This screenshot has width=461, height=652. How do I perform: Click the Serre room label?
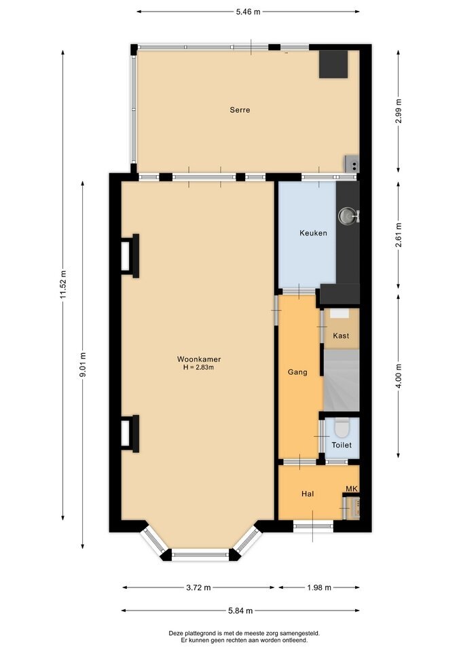(240, 110)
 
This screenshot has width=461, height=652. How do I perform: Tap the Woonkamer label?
(199, 359)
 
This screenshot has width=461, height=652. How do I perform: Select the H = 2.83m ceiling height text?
(199, 367)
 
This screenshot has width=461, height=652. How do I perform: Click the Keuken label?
(313, 233)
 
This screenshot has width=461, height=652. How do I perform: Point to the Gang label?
(297, 372)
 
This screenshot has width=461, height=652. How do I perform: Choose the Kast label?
(341, 336)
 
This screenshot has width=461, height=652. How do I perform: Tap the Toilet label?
(342, 445)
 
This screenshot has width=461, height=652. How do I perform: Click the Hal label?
(308, 494)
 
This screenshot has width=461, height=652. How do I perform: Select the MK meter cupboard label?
(352, 488)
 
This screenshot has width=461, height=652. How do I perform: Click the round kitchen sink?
(346, 215)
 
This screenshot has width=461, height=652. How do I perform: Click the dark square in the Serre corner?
(333, 64)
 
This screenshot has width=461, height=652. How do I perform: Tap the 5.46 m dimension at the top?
(248, 12)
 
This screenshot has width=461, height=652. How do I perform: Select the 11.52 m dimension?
(62, 285)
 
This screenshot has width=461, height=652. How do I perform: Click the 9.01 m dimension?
(83, 365)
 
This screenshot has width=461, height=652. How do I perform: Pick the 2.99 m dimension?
(399, 111)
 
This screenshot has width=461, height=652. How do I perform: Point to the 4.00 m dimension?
(399, 376)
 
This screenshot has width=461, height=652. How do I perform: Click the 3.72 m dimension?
(198, 587)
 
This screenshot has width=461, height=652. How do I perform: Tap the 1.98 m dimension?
(319, 587)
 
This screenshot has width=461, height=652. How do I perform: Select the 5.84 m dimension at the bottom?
(240, 611)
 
